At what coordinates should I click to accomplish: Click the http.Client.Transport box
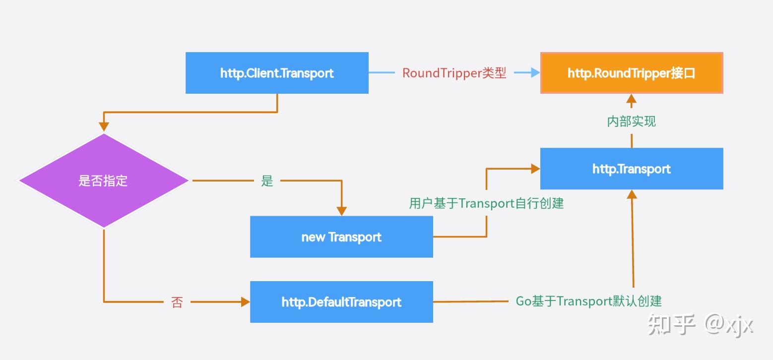pyautogui.click(x=277, y=73)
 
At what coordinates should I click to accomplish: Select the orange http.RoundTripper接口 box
pyautogui.click(x=631, y=73)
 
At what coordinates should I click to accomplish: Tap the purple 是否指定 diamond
pyautogui.click(x=104, y=180)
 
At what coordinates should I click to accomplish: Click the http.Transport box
pyautogui.click(x=631, y=169)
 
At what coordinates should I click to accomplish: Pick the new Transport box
pyautogui.click(x=341, y=237)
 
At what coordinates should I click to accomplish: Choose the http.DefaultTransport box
pyautogui.click(x=341, y=301)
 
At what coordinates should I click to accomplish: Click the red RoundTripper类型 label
pyautogui.click(x=454, y=73)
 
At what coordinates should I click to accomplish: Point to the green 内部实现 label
pyautogui.click(x=631, y=121)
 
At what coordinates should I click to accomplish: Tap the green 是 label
pyautogui.click(x=267, y=181)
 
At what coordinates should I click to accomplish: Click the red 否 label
pyautogui.click(x=177, y=302)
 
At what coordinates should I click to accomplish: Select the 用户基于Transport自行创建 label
pyautogui.click(x=486, y=203)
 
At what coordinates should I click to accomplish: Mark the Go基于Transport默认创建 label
pyautogui.click(x=588, y=301)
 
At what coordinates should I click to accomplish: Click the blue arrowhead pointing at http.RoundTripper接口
pyautogui.click(x=535, y=73)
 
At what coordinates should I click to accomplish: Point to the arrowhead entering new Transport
pyautogui.click(x=341, y=210)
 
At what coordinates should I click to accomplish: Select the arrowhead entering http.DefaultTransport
pyautogui.click(x=245, y=301)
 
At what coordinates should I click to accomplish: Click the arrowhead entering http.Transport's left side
pyautogui.click(x=535, y=169)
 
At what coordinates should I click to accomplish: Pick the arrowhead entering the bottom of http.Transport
pyautogui.click(x=632, y=194)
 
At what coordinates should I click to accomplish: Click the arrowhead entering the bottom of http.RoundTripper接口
pyautogui.click(x=631, y=98)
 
